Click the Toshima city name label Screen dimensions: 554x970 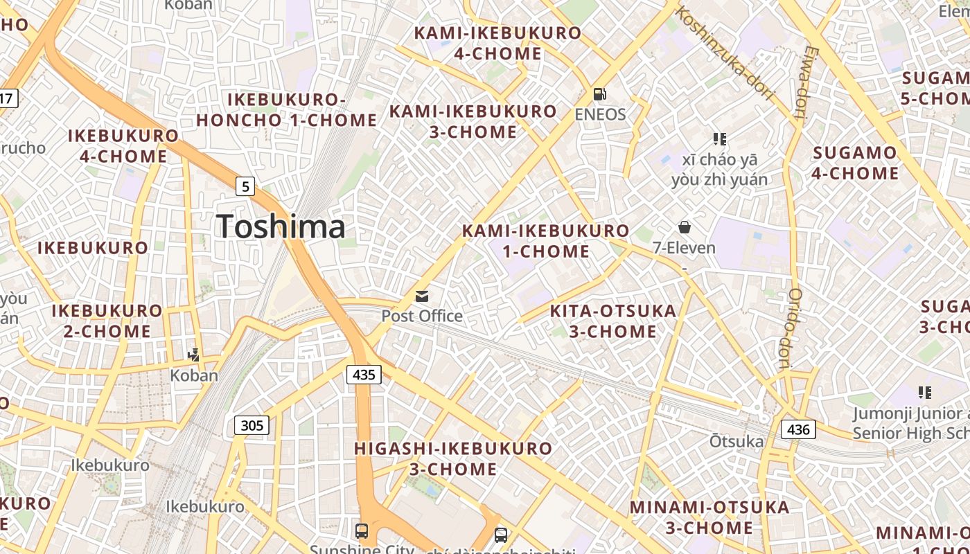(281, 227)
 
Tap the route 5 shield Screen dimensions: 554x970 (245, 186)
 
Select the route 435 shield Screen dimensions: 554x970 (363, 375)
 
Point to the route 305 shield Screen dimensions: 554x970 (252, 425)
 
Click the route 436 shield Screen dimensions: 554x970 (798, 429)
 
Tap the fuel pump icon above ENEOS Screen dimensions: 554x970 (600, 93)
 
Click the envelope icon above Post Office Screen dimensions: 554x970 (422, 296)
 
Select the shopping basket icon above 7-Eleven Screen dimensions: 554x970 (684, 227)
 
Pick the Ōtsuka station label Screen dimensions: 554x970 (737, 441)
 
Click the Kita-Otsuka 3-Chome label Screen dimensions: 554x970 (613, 321)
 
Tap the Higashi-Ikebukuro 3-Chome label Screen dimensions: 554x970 (453, 458)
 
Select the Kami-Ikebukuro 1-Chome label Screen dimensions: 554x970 (546, 240)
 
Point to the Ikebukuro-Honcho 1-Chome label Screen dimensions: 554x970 (286, 110)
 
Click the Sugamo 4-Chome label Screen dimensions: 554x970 (855, 163)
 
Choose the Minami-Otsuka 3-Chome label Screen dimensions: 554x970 (709, 517)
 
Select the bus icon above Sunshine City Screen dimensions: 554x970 (362, 531)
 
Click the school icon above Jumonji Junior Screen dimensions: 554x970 (924, 393)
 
